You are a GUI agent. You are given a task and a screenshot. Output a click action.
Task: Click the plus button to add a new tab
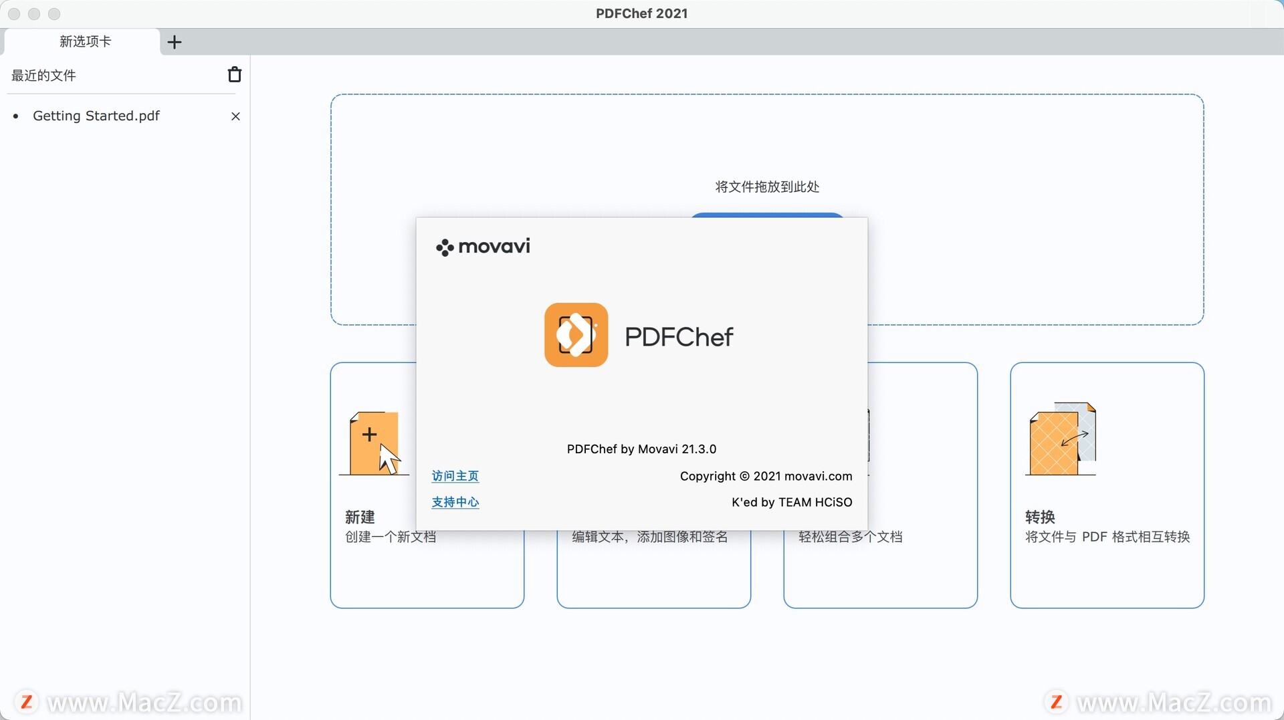coord(175,42)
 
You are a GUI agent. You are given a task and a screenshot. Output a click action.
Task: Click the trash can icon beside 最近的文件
coord(235,74)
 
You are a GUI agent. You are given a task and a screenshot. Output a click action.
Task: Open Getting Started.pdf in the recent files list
coord(96,116)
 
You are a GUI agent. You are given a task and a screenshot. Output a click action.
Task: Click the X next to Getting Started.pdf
coord(235,116)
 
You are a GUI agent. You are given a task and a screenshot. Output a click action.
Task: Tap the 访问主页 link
coord(455,476)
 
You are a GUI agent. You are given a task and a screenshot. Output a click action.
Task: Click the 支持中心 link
coord(455,502)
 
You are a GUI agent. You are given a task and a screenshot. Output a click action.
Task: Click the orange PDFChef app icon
coord(576,335)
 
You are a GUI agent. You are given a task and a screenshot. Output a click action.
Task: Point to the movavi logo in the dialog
coord(483,247)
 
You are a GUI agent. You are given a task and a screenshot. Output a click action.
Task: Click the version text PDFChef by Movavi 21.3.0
coord(642,449)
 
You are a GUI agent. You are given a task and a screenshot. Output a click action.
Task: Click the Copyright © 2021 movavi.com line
coord(766,476)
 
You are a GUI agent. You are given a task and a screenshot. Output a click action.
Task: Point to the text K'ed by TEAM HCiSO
coord(792,502)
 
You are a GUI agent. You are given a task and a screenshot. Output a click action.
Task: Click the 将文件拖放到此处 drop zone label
coord(768,187)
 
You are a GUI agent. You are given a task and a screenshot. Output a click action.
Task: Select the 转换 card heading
coord(1041,517)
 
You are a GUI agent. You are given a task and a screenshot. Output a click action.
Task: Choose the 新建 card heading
coord(360,517)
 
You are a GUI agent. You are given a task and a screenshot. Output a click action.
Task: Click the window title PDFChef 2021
coord(642,13)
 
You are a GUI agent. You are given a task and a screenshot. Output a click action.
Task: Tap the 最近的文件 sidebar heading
coord(44,76)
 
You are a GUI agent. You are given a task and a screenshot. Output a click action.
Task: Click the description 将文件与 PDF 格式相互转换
coord(1108,537)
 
